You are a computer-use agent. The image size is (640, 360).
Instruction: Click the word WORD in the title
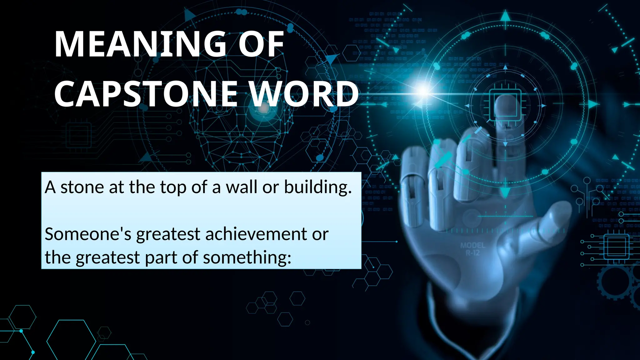coord(304,93)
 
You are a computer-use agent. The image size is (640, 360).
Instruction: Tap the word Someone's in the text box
coord(88,234)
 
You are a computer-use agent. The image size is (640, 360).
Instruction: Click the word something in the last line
coord(247,258)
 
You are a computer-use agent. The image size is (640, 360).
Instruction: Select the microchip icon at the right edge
coord(616,247)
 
